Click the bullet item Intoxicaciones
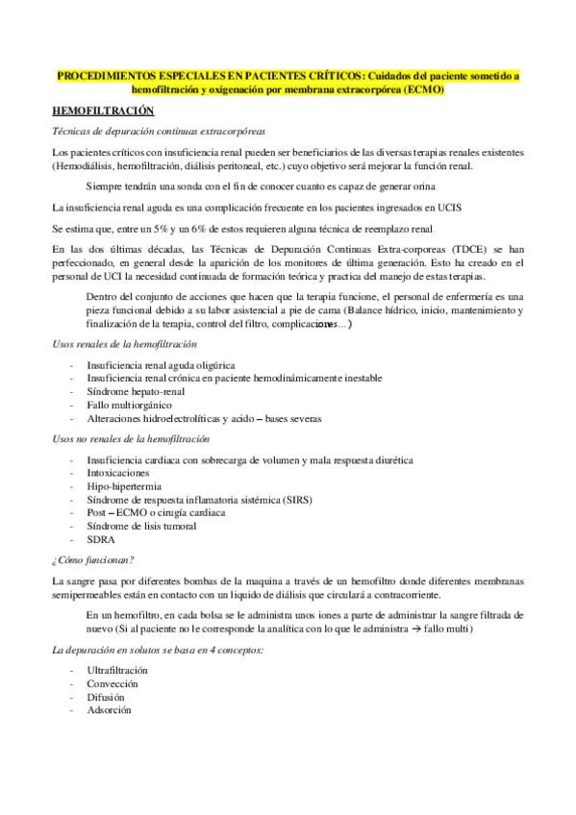118,473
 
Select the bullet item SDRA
101,539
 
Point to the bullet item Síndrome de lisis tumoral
141,526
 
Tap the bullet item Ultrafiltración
117,669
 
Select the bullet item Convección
113,683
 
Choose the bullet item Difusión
107,697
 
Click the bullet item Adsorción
109,710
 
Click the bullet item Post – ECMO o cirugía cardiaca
156,513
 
